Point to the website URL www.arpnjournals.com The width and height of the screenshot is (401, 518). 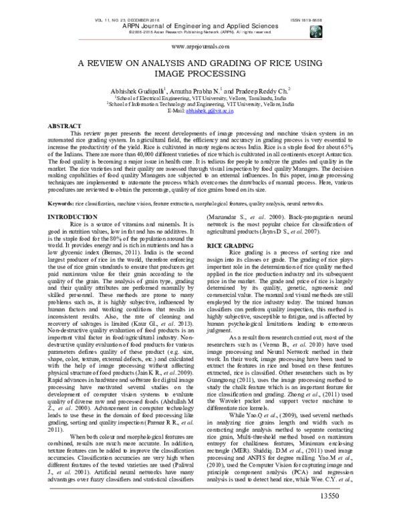[x=201, y=47]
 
